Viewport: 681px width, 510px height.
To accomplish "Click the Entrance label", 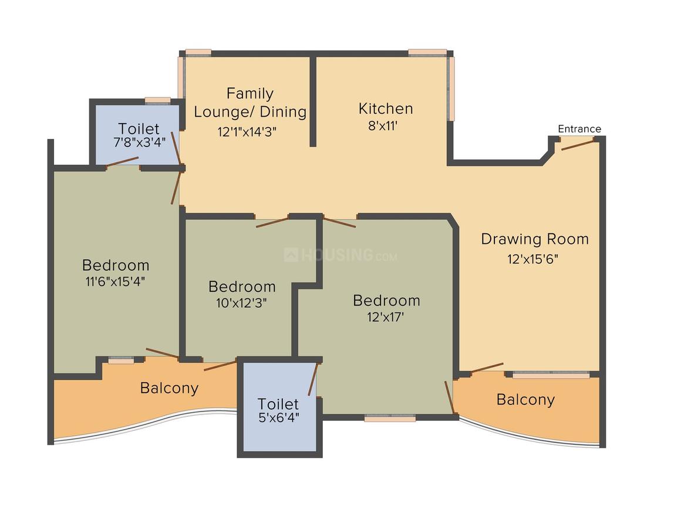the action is [579, 129].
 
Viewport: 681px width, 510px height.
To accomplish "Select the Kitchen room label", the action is [386, 108].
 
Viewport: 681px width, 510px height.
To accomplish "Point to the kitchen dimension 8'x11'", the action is [383, 126].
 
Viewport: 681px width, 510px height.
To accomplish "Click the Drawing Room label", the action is [535, 239].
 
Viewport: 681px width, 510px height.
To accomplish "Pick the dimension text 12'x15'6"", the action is [532, 259].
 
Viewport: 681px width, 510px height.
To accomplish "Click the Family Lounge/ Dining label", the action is [250, 103].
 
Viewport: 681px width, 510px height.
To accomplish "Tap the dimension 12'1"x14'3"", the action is [247, 131].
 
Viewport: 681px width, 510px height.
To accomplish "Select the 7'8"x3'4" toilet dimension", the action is [139, 142].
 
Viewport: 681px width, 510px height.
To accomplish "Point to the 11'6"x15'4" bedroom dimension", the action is [115, 281].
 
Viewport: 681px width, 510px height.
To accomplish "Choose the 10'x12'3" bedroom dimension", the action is [241, 302].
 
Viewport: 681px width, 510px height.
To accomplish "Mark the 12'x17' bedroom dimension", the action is [386, 317].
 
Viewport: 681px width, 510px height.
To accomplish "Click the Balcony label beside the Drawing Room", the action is [525, 399].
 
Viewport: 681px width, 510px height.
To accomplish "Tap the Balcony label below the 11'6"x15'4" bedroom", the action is [170, 387].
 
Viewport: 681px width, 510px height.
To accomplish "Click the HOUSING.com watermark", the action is [340, 254].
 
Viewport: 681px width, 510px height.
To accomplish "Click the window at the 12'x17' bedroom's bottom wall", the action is [390, 418].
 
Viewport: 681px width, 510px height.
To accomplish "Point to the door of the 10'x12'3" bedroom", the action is [272, 223].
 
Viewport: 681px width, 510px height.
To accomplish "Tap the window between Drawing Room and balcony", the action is [551, 375].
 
